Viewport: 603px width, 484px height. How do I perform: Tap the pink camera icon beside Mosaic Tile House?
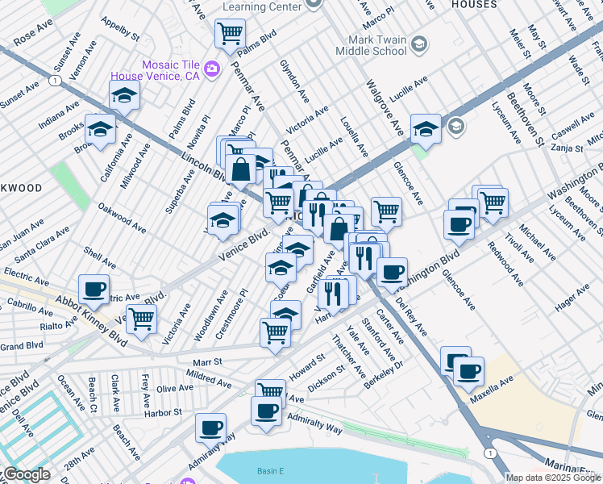pos(212,69)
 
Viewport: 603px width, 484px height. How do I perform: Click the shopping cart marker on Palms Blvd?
pos(231,35)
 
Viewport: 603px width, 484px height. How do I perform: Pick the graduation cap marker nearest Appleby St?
pos(124,96)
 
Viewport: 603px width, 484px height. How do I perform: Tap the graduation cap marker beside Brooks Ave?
pos(101,129)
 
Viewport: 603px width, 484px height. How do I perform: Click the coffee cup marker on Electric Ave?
pos(94,289)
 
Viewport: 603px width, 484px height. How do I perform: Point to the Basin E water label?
pos(271,471)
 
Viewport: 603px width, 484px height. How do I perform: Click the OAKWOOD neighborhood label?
pos(20,188)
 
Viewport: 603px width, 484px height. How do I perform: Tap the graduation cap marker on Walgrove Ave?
pos(425,128)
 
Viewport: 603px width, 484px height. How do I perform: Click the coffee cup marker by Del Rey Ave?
pos(392,272)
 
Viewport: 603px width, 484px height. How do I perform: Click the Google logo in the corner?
pos(26,475)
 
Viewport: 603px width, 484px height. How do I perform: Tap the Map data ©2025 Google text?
pos(553,478)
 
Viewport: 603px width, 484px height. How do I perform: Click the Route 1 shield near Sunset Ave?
pos(53,81)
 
